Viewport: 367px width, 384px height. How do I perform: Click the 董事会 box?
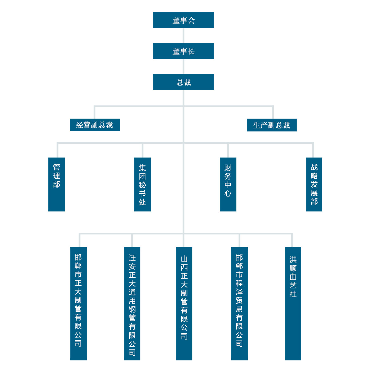(183, 20)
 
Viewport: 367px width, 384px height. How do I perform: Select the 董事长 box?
(183, 51)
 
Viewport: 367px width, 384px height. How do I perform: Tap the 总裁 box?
(183, 82)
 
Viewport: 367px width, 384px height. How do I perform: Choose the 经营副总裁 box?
(95, 125)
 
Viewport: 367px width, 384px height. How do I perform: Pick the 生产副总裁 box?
(272, 125)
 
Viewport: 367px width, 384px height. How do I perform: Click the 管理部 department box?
(57, 184)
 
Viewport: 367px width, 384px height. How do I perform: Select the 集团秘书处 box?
(143, 184)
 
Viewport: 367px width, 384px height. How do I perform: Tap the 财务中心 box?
(228, 184)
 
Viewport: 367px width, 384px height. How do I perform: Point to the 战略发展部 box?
(314, 184)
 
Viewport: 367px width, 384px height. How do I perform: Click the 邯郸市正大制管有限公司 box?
(79, 303)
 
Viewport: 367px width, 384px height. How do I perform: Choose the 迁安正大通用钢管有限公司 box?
(132, 303)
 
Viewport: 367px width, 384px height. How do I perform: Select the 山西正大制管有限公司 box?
(184, 303)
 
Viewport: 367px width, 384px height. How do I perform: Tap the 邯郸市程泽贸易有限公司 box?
(239, 303)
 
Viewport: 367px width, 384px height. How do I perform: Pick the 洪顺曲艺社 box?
(293, 303)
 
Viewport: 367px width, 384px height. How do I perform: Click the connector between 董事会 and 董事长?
(183, 36)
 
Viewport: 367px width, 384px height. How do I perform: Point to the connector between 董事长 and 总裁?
(183, 67)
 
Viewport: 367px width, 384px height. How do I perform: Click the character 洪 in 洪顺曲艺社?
(293, 260)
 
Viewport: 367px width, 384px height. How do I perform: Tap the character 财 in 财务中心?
(228, 168)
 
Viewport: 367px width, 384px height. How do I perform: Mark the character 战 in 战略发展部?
(314, 167)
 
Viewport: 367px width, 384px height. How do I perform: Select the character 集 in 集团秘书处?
(143, 168)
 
